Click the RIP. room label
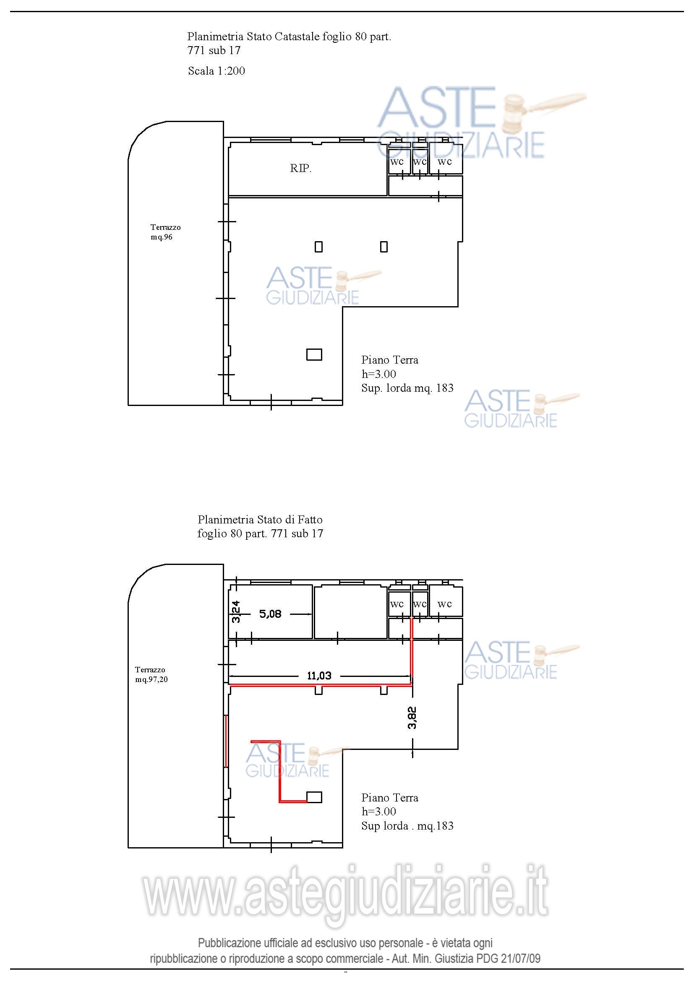(x=301, y=168)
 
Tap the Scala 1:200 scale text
(x=217, y=70)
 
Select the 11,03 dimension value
(x=319, y=676)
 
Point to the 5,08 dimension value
(x=271, y=614)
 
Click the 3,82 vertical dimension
(x=412, y=718)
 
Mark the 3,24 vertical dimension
(x=236, y=612)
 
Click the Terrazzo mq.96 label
(x=165, y=232)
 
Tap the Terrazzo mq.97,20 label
(x=151, y=675)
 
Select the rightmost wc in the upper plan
(x=445, y=161)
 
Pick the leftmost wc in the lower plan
(x=397, y=604)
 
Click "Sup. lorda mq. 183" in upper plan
(x=407, y=388)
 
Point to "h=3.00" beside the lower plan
(x=378, y=812)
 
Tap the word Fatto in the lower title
(x=310, y=520)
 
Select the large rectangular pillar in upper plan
(x=314, y=355)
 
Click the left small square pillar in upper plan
(x=318, y=247)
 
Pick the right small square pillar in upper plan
(x=384, y=247)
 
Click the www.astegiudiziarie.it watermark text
(x=345, y=895)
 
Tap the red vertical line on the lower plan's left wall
(x=226, y=741)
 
